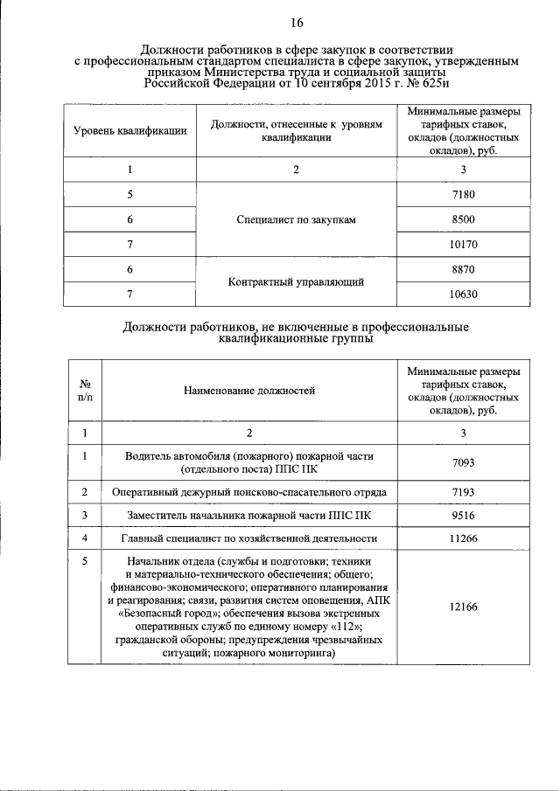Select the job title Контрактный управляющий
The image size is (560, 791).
(x=296, y=281)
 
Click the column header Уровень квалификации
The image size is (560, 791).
(x=130, y=131)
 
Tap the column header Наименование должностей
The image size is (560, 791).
(x=248, y=390)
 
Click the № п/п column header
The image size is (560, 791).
(x=86, y=390)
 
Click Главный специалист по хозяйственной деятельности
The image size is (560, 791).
(x=249, y=538)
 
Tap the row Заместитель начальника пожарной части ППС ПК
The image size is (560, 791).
(x=249, y=515)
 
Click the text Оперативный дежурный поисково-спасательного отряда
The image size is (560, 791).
(x=249, y=492)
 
